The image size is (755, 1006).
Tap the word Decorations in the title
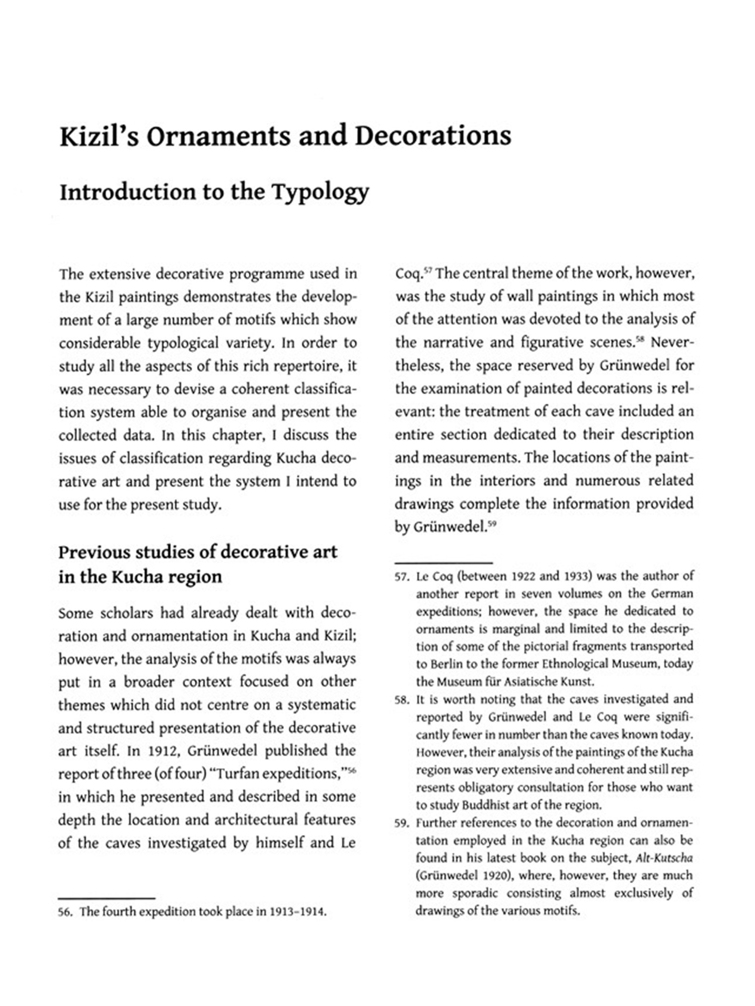pyautogui.click(x=433, y=136)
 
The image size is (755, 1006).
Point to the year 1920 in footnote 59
pyautogui.click(x=494, y=876)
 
